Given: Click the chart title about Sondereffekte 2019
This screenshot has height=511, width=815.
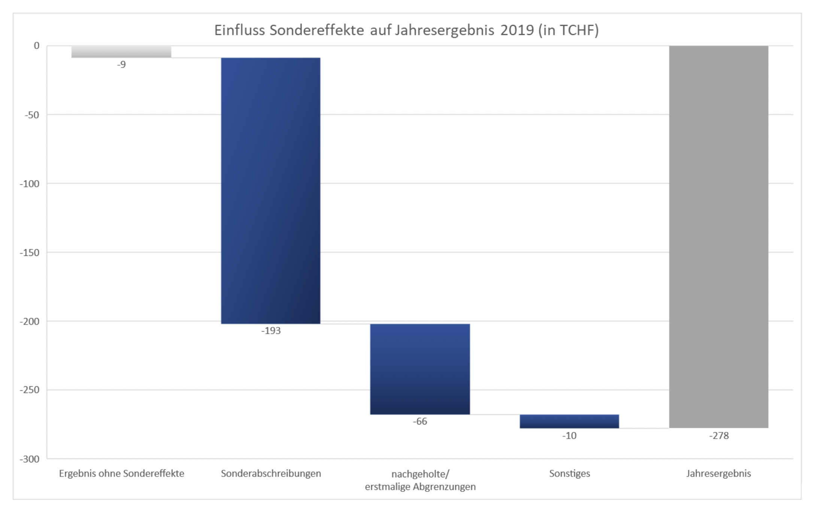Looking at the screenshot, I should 406,30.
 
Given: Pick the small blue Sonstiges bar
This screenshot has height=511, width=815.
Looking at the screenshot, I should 569,421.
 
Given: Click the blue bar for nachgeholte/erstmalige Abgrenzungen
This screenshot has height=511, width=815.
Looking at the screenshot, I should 420,369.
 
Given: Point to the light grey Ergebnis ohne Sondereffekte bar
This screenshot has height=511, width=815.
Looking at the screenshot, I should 121,52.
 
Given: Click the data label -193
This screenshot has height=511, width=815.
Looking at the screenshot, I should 271,331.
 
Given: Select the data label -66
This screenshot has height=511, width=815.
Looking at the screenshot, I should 420,421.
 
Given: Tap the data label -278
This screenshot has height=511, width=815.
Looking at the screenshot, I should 719,436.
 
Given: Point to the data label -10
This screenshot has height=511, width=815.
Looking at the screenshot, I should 569,436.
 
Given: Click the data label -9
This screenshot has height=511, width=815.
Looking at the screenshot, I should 121,65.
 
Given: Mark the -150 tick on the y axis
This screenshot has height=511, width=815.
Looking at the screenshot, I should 30,253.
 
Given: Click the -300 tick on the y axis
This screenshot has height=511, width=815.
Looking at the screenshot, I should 30,459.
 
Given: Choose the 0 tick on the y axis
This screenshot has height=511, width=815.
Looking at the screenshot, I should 36,46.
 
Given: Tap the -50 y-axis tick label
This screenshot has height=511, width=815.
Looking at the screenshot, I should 32,115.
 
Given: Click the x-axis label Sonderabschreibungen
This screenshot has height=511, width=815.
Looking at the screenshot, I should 271,474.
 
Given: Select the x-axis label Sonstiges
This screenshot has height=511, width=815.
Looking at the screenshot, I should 569,474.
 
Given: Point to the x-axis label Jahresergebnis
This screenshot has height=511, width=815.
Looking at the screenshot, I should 718,474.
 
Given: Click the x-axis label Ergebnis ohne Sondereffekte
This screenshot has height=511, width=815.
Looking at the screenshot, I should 121,474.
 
